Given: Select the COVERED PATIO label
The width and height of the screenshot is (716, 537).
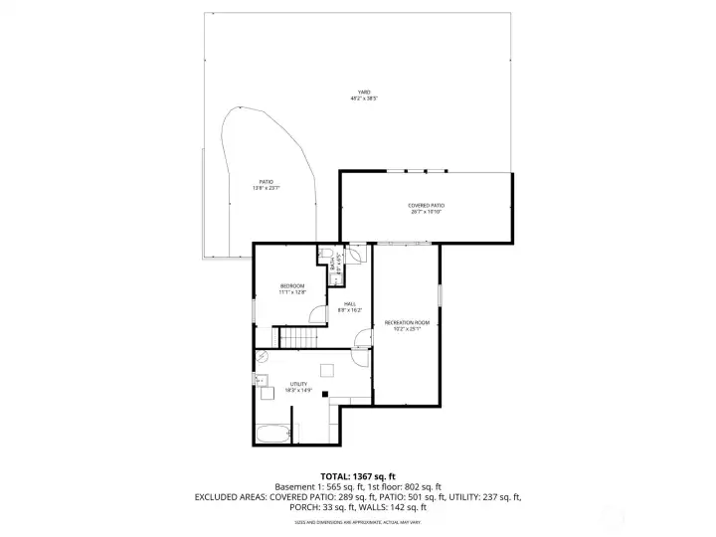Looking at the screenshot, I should pos(426,206).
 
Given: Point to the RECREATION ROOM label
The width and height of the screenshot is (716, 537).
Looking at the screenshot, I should pos(407,323).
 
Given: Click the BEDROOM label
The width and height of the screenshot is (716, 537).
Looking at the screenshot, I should pos(292,286).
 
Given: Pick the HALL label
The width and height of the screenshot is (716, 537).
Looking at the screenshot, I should pos(350,304).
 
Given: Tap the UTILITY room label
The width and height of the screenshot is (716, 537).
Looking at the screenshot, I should pos(298,384).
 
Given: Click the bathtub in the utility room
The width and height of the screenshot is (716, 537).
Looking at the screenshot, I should pos(273,434).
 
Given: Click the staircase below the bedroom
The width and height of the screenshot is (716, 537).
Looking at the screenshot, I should pos(297,338).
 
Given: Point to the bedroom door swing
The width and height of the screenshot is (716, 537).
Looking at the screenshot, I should pos(317,315).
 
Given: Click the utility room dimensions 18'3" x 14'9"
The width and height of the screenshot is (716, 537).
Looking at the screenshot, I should pos(298,390).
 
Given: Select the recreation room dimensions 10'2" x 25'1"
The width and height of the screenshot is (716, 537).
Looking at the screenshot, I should pos(407,329).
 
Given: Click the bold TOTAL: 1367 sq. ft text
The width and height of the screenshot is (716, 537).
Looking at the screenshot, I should pos(357,475).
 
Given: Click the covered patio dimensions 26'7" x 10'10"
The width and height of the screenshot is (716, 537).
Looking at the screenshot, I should pos(426,212).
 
